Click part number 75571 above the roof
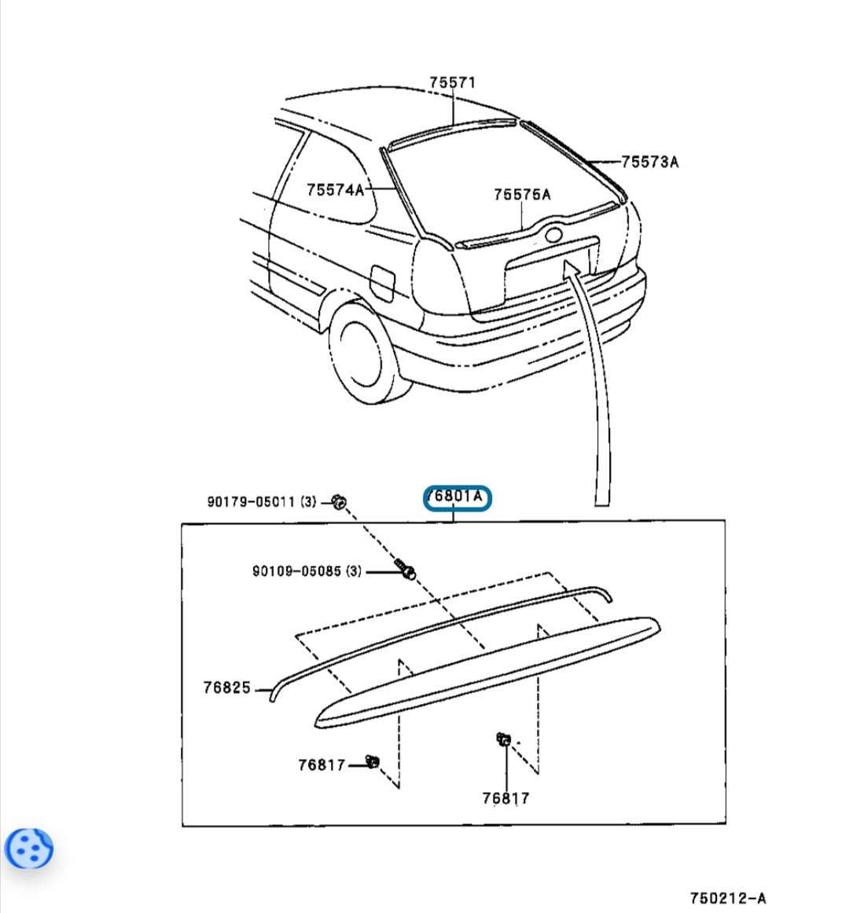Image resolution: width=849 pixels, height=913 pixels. pos(452,82)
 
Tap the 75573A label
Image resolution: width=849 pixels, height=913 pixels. pos(649,162)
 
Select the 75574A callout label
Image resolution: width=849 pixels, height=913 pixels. pos(336,190)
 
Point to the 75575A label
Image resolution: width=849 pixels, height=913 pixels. pos(522,194)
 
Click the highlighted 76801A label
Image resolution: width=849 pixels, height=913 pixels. pos(457,497)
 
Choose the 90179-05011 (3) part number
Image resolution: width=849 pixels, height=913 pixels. pos(262,501)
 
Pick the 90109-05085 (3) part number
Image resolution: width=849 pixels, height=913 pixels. pos(307,571)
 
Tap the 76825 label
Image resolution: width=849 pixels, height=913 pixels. pos(226,687)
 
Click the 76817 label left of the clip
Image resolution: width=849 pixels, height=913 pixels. pos(322,764)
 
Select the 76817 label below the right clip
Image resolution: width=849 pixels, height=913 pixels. pos(505,798)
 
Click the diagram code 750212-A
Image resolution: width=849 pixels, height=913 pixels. pos(728,898)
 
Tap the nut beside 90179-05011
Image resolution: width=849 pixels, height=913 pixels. pos(340,500)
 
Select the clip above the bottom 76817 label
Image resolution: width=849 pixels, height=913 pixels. pos(503,739)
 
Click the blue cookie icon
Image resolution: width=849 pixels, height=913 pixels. pos(29,848)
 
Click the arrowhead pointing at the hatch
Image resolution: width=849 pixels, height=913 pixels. pos(572,269)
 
